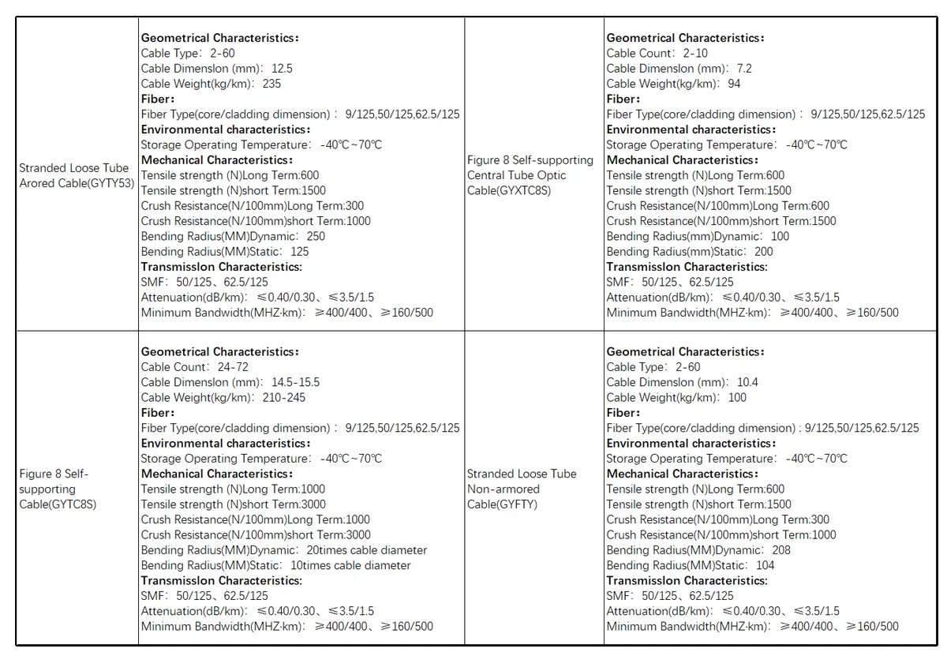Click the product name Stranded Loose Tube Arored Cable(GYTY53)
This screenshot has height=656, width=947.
tap(77, 175)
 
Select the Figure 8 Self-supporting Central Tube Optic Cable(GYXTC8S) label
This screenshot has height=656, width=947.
tap(530, 175)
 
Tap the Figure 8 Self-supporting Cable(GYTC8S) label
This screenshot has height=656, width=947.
tap(58, 489)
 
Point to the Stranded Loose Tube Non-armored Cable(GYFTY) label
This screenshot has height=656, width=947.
tap(522, 489)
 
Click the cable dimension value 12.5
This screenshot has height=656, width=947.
tap(282, 69)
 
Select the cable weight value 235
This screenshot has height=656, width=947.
tap(271, 84)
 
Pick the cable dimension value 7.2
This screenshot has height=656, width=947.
tap(744, 69)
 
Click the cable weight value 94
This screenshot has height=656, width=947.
tap(734, 84)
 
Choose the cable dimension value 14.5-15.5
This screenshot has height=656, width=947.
tap(295, 382)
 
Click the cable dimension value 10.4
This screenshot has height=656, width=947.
tap(747, 382)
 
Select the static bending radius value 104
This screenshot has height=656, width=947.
tap(765, 565)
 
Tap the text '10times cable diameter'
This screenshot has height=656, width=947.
tap(350, 565)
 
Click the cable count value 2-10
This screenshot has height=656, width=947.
tap(695, 54)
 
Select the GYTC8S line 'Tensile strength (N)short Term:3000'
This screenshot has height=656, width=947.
tap(233, 504)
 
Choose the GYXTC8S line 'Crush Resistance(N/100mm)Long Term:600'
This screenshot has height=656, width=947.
tap(717, 206)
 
